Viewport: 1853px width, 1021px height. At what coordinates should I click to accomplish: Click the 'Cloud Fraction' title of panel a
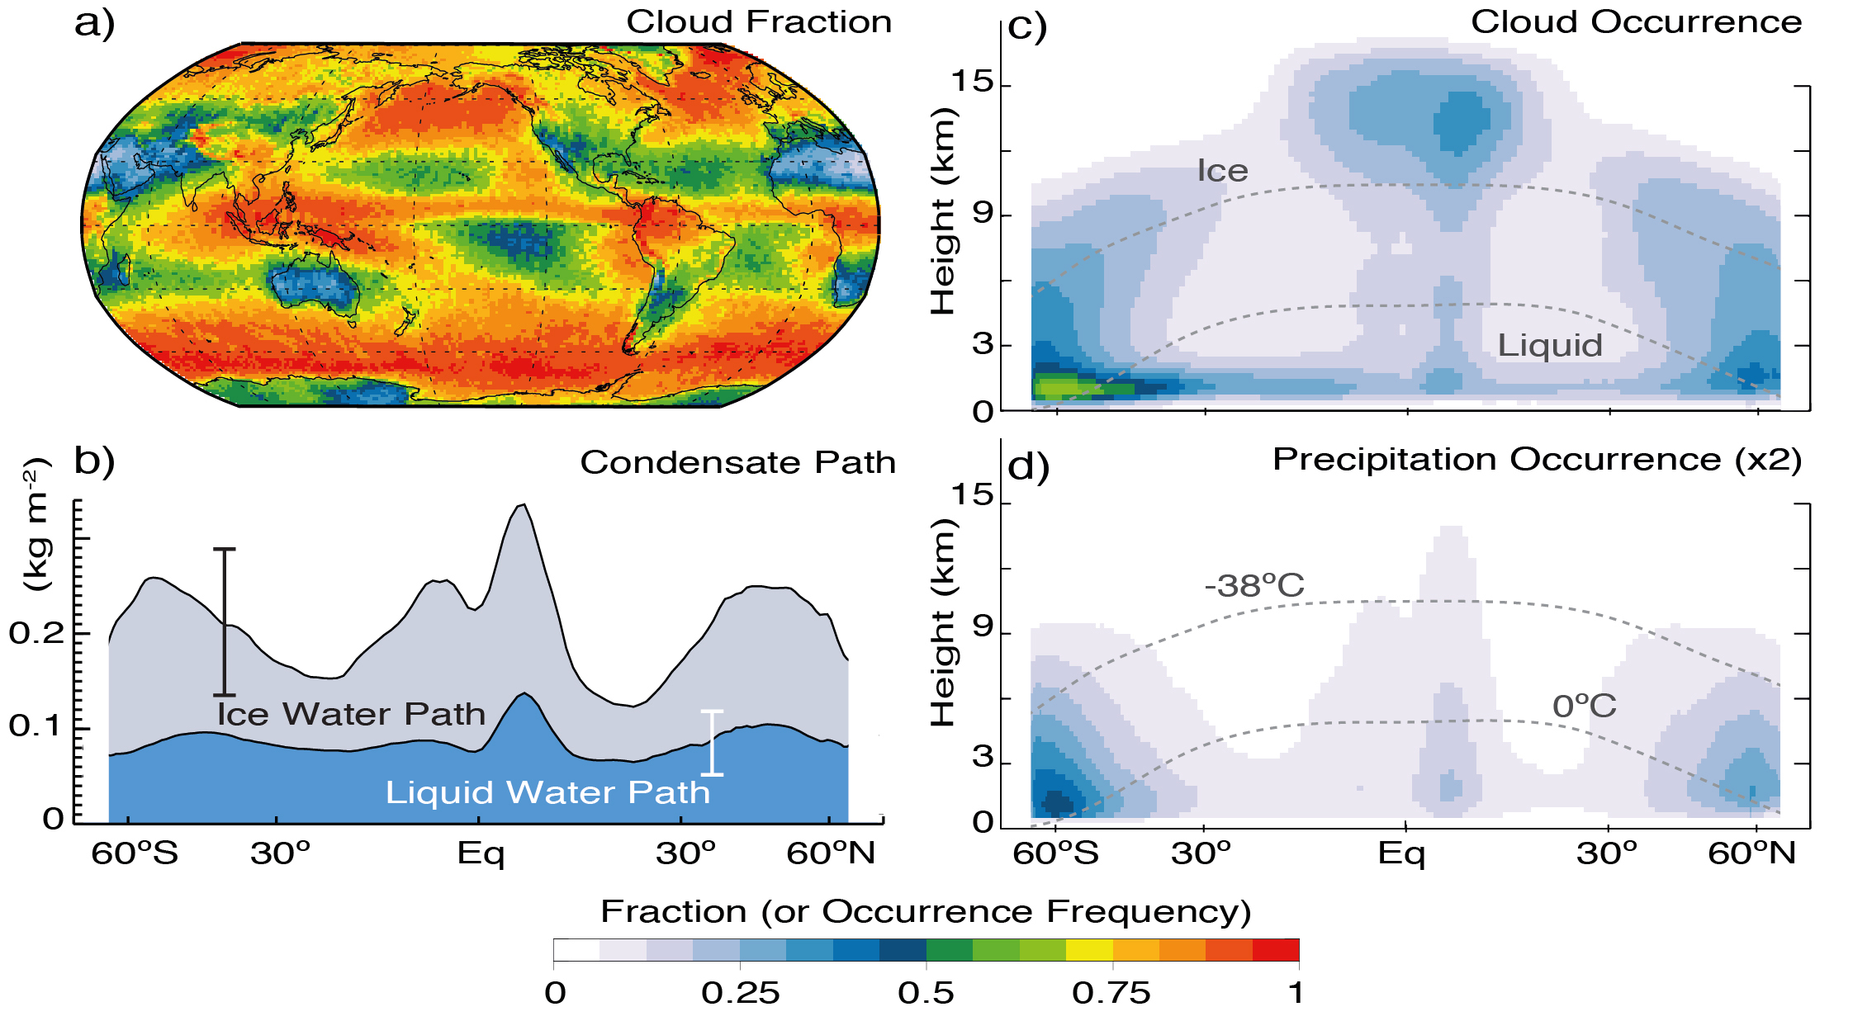[x=759, y=22]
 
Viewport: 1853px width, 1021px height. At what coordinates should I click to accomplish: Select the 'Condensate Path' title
[x=737, y=462]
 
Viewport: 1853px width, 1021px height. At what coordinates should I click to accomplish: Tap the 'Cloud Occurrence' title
[x=1636, y=22]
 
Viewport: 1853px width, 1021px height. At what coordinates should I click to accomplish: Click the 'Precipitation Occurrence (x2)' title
[x=1537, y=460]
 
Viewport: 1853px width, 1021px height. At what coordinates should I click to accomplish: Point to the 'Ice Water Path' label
[x=351, y=714]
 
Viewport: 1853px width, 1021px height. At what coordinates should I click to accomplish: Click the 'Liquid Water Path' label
[x=547, y=792]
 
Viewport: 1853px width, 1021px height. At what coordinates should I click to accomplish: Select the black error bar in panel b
[x=225, y=622]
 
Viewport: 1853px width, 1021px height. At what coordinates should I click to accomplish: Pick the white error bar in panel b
[x=712, y=743]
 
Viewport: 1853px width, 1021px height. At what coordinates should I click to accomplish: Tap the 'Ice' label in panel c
[x=1222, y=171]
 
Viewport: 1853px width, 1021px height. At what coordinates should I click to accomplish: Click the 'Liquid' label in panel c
[x=1550, y=345]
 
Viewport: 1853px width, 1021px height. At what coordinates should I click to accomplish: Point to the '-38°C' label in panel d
[x=1253, y=586]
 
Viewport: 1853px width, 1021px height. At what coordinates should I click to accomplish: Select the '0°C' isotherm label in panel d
[x=1584, y=707]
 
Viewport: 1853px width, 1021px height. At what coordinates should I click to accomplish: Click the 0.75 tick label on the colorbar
[x=1111, y=993]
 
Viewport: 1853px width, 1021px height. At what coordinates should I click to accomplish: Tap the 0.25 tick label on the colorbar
[x=740, y=993]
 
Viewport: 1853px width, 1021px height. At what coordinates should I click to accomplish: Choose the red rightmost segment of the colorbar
[x=1276, y=950]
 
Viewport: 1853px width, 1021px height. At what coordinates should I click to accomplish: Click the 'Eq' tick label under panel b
[x=481, y=853]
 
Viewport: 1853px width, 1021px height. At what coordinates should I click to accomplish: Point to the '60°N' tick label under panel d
[x=1751, y=853]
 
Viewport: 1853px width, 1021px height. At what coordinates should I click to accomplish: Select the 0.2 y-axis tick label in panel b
[x=36, y=634]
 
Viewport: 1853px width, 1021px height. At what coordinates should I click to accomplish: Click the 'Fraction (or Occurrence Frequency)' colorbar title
[x=926, y=912]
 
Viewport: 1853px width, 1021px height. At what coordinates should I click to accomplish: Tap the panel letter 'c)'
[x=1027, y=26]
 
